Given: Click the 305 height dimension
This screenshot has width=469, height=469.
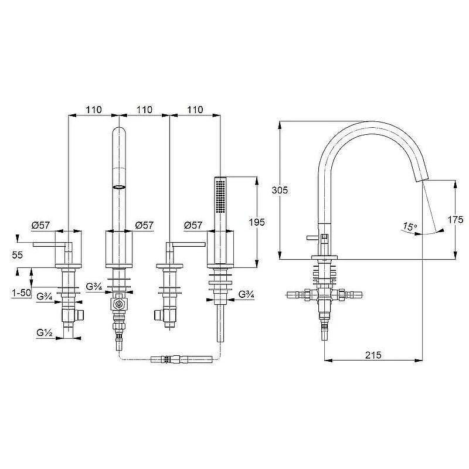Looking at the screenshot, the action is (x=280, y=190).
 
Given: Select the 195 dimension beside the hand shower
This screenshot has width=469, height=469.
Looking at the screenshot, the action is (x=257, y=222).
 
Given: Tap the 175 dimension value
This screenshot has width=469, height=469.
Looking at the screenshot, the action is (x=456, y=220).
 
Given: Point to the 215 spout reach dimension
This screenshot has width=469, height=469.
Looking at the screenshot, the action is (x=373, y=355).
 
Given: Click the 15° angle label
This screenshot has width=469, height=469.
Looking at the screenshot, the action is (x=410, y=227).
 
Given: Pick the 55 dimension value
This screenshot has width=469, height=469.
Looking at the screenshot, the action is (x=18, y=255).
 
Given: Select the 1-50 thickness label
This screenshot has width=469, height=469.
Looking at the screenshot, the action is (x=22, y=293).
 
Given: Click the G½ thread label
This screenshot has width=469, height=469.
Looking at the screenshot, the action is (x=45, y=332).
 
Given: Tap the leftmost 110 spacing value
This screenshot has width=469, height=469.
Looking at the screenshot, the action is (x=94, y=110).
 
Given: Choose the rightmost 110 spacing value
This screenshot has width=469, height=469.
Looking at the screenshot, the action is (x=195, y=110).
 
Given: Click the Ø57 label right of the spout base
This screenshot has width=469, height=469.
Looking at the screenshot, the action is (x=144, y=225).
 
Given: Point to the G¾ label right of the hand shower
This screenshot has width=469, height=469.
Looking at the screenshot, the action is (x=246, y=294).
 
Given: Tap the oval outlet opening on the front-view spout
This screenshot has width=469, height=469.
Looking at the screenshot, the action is (x=119, y=188).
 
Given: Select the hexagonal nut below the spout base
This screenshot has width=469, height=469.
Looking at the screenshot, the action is (x=119, y=305).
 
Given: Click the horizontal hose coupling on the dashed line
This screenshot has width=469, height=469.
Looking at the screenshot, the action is (x=182, y=359).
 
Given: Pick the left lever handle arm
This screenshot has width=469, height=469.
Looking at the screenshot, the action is (x=49, y=244).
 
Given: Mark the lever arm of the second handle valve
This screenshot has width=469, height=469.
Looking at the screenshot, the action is (x=189, y=244).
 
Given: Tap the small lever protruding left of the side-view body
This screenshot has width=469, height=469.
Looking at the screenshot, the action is (x=312, y=238).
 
